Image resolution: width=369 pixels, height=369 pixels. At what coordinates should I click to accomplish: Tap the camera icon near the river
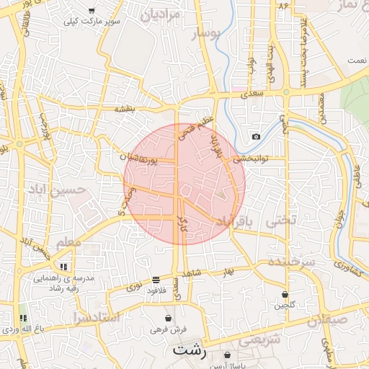point(256,136)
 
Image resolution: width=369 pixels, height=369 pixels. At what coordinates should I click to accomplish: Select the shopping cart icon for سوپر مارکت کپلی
point(92,11)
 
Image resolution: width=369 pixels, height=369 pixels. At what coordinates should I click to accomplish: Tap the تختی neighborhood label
point(281,221)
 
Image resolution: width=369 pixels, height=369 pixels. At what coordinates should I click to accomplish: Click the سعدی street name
point(254,93)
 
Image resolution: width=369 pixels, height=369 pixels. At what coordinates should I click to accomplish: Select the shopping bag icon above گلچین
point(285,294)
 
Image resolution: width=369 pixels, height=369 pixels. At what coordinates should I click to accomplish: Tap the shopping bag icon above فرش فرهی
point(168,318)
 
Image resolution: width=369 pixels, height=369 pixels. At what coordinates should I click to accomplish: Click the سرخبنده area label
point(291,261)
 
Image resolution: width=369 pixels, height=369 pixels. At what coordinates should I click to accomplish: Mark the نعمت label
point(356,61)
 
